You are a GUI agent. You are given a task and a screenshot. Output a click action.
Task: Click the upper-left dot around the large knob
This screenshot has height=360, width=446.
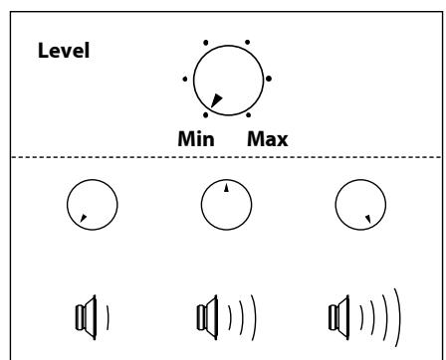coord(206,43)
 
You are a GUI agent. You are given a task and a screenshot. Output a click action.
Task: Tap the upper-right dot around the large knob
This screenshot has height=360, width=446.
coord(248,43)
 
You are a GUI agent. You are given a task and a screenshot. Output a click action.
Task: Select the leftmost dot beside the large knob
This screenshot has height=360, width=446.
coord(185,80)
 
